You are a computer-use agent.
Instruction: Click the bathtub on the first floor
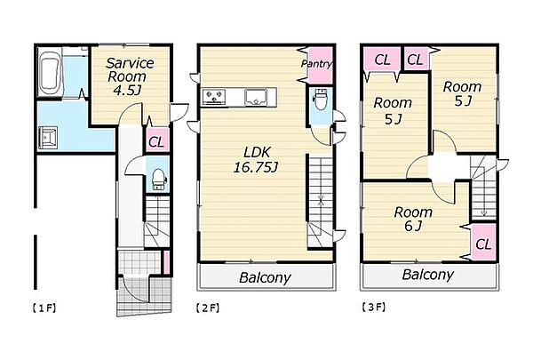point(50,74)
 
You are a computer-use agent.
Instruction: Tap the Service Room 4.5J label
point(129,76)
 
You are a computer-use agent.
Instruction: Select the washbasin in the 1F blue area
point(48,138)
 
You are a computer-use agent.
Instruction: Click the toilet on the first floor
point(158,180)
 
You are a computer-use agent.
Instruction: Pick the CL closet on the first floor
point(157,140)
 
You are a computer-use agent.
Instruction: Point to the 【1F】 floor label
point(44,308)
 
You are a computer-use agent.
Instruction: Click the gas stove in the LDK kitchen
point(214,97)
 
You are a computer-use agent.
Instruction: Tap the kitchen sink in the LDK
point(256,97)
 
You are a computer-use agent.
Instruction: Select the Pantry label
point(316,64)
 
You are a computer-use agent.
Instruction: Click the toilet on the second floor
point(321,99)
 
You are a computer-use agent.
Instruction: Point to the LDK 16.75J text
point(256,160)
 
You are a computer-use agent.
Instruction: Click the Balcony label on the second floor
point(265,277)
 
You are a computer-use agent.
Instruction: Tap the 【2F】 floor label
point(208,308)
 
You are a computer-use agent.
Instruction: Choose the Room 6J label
point(413,219)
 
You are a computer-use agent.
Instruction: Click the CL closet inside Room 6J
point(484,243)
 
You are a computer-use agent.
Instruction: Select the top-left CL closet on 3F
point(382,60)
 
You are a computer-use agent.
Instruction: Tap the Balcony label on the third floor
point(428,275)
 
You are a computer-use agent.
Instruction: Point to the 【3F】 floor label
point(373,308)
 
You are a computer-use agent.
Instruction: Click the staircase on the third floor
point(483,188)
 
